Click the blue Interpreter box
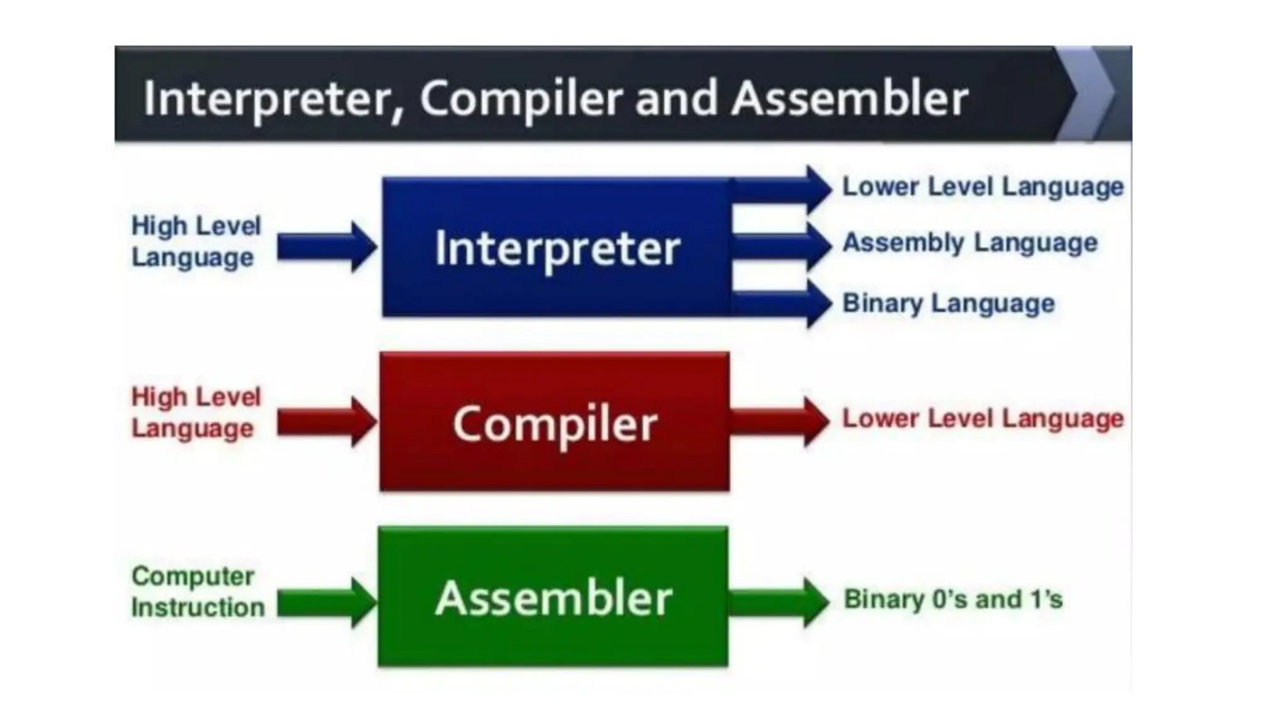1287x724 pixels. (x=557, y=247)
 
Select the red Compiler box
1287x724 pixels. (x=554, y=422)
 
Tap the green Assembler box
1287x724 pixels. (x=553, y=597)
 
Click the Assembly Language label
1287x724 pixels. (x=970, y=243)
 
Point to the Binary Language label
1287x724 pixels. (x=948, y=304)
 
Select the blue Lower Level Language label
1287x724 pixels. (x=983, y=187)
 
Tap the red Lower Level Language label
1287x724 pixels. (x=983, y=419)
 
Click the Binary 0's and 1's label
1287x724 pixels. (x=953, y=600)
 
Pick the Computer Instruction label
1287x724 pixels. (x=197, y=591)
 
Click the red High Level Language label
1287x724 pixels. (x=195, y=412)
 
